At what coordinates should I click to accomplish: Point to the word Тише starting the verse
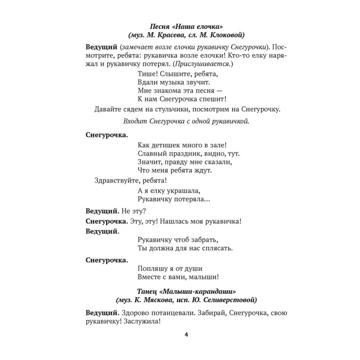pos(144,75)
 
